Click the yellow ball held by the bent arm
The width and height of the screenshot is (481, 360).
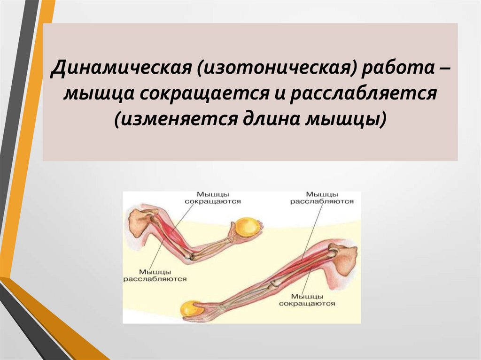coord(248,228)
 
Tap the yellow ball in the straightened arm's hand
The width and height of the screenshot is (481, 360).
coord(193,309)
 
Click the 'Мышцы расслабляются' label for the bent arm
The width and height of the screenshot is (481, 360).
coord(155,275)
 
